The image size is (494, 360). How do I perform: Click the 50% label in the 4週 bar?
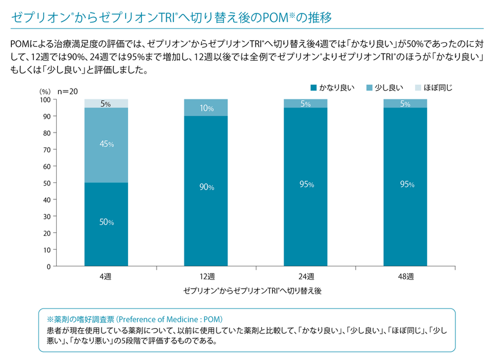tap(107, 222)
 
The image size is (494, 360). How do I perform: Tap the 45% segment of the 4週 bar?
tap(107, 145)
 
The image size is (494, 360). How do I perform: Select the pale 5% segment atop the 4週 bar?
tap(107, 104)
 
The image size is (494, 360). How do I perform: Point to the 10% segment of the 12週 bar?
tap(206, 108)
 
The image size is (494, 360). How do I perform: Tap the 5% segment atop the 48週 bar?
tap(405, 104)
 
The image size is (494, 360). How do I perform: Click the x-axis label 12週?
tap(206, 276)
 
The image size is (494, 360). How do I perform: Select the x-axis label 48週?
tap(405, 276)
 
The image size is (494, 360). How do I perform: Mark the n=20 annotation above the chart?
tap(67, 91)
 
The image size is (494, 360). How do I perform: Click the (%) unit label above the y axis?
tap(46, 91)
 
